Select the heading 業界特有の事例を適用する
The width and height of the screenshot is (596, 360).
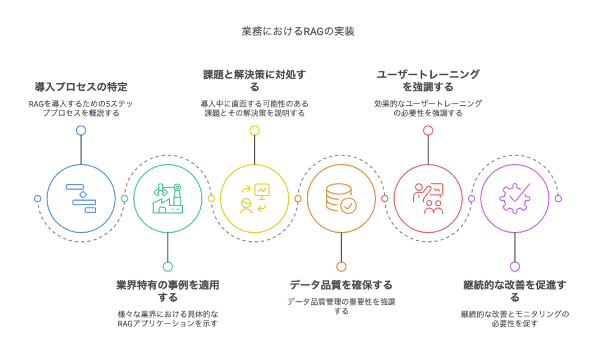pyautogui.click(x=168, y=291)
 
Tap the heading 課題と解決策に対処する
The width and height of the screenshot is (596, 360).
pyautogui.click(x=254, y=80)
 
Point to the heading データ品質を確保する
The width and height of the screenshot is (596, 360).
pyautogui.click(x=341, y=285)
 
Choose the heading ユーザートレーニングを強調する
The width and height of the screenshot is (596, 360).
pyautogui.click(x=428, y=80)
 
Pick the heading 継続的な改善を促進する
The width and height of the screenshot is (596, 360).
pyautogui.click(x=515, y=291)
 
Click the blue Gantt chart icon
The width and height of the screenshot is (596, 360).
pyautogui.click(x=81, y=198)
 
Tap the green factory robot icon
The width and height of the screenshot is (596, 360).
pyautogui.click(x=168, y=198)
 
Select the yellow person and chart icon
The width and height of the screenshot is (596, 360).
pyautogui.click(x=254, y=198)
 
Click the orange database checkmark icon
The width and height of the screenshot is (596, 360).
pyautogui.click(x=341, y=198)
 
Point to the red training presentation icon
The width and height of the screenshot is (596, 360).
pyautogui.click(x=428, y=198)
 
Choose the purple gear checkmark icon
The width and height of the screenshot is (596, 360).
pyautogui.click(x=515, y=198)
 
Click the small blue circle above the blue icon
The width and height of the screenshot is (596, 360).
pyautogui.click(x=81, y=130)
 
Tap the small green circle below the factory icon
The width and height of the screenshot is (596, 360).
pyautogui.click(x=168, y=266)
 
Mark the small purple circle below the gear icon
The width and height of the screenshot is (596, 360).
pyautogui.click(x=515, y=266)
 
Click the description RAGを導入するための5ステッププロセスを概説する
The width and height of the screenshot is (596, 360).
pyautogui.click(x=81, y=109)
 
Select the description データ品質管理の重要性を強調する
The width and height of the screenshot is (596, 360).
pyautogui.click(x=341, y=306)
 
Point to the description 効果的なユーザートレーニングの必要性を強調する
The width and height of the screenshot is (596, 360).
pyautogui.click(x=428, y=108)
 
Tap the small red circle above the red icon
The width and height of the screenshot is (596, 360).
pyautogui.click(x=428, y=130)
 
